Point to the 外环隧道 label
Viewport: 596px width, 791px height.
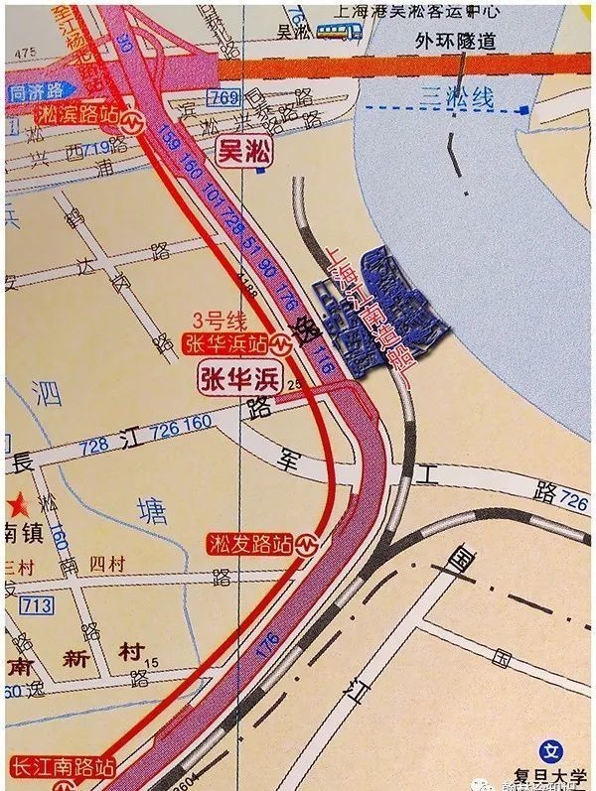pyautogui.click(x=459, y=42)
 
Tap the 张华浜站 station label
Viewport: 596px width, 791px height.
pyautogui.click(x=226, y=343)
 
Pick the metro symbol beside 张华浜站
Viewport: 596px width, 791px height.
pyautogui.click(x=284, y=344)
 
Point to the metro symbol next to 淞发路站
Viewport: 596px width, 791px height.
pyautogui.click(x=311, y=545)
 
